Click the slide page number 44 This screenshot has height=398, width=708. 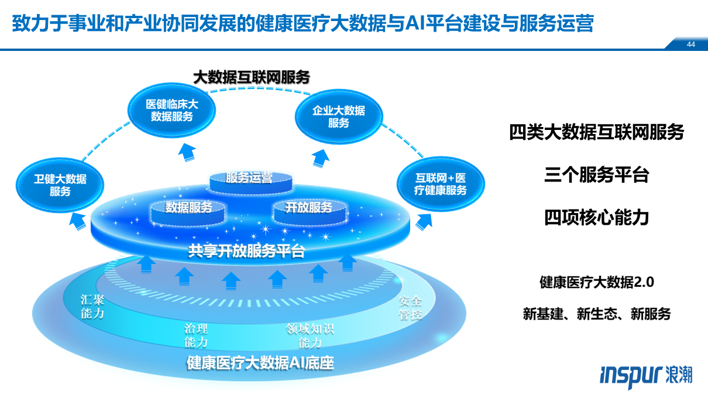691,44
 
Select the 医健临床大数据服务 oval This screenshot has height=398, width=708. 171,110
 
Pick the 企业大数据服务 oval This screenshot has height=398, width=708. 338,116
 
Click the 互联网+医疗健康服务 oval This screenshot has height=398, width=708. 441,184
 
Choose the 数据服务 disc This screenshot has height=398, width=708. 188,208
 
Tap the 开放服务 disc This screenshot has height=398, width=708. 308,208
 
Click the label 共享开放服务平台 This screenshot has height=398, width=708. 246,252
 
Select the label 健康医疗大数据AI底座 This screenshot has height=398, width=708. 260,363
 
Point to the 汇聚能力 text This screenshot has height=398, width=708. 92,307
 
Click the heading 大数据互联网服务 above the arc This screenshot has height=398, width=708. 251,77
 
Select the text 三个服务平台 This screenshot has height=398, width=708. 596,175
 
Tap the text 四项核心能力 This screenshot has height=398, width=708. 596,217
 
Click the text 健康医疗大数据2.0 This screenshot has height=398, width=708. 596,282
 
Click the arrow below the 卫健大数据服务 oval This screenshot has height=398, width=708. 77,221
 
